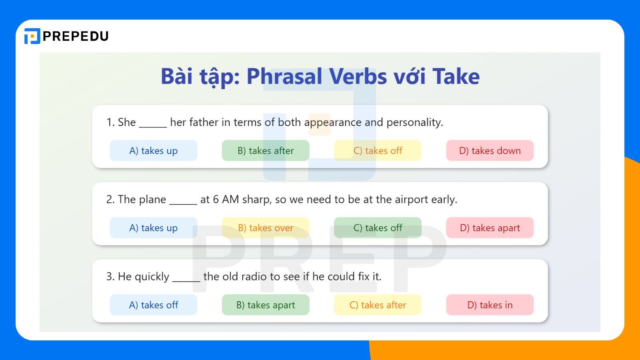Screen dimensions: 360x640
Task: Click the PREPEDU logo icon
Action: (x=32, y=36)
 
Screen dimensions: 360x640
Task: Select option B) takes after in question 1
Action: (x=266, y=151)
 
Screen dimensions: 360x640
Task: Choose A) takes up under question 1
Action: (x=153, y=151)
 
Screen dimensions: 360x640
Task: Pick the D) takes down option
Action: (x=490, y=151)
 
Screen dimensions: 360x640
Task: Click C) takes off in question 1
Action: (x=378, y=151)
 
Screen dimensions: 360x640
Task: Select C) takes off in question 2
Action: (x=378, y=228)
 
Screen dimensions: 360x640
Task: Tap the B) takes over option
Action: (x=266, y=228)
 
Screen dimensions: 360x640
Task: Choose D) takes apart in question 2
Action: (x=490, y=228)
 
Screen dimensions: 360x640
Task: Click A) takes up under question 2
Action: (x=153, y=228)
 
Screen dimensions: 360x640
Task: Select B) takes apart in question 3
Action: (x=266, y=305)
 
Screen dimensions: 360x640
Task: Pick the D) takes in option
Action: (x=490, y=305)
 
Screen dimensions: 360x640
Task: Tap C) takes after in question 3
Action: (x=378, y=305)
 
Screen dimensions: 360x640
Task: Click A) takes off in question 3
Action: (x=153, y=305)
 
